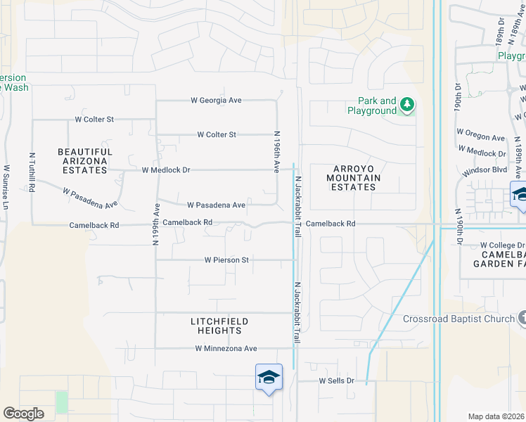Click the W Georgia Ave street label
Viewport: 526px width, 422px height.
(216, 101)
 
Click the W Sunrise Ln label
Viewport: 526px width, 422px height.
(6, 186)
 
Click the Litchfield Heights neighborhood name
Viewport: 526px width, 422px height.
(219, 326)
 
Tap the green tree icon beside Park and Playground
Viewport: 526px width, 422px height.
(407, 105)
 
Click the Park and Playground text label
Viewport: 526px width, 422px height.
(372, 106)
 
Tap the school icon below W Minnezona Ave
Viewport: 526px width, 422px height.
(269, 377)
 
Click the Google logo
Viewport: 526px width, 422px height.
(23, 414)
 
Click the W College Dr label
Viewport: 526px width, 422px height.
(503, 245)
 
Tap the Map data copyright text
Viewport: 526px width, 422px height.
(496, 416)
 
